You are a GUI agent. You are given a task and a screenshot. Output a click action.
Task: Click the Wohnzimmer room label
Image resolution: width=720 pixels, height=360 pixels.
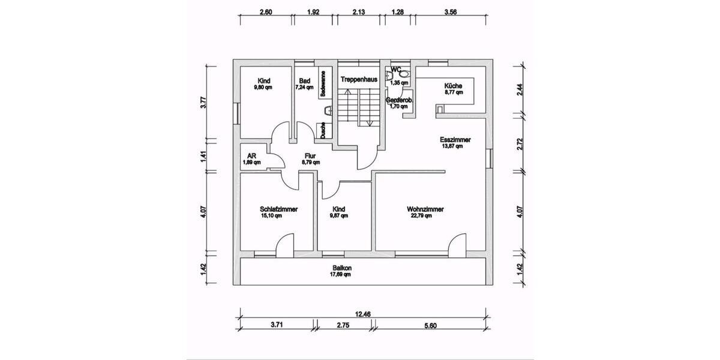[x=425, y=209]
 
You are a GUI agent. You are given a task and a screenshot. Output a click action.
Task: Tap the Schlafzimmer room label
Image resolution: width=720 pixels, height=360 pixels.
[x=279, y=209]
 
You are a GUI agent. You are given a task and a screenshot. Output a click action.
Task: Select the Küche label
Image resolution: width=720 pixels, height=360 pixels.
[x=454, y=85]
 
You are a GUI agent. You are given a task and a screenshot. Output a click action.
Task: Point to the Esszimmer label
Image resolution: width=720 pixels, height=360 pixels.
[x=455, y=140]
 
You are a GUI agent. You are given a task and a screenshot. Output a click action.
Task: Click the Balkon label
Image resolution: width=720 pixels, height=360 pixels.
[x=341, y=268]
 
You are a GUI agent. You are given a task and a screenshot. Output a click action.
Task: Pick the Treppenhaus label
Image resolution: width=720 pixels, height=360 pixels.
[x=359, y=79]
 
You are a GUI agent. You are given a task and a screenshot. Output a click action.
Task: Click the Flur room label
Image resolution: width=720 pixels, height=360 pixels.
[x=310, y=155]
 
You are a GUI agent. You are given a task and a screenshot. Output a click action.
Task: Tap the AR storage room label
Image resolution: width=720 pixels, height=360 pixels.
[x=251, y=155]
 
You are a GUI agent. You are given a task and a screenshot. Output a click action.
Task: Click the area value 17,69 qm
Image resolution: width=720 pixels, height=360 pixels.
[x=340, y=274]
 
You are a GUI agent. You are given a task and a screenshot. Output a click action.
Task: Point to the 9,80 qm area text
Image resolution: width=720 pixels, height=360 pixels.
[x=263, y=87]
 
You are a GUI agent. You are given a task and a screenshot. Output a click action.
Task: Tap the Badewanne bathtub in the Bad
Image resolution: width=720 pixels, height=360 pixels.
[x=323, y=83]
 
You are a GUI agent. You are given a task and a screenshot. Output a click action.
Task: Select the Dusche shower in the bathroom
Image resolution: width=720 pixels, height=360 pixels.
[x=322, y=131]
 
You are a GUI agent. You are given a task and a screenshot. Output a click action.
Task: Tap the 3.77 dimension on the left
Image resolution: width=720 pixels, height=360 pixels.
[x=204, y=101]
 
